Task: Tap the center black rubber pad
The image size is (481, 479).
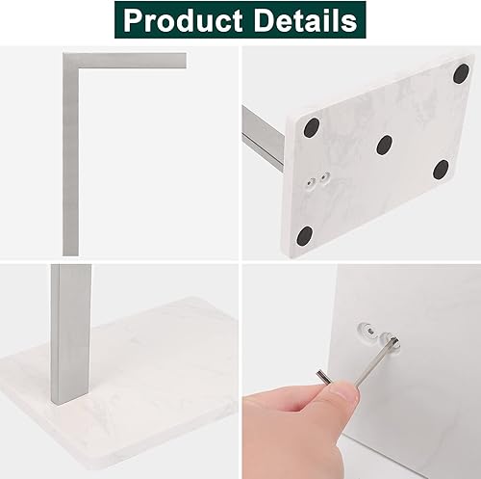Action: tap(384, 145)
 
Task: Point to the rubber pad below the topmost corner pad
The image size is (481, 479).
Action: tap(441, 170)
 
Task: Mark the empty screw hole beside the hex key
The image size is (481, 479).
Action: tap(368, 330)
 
